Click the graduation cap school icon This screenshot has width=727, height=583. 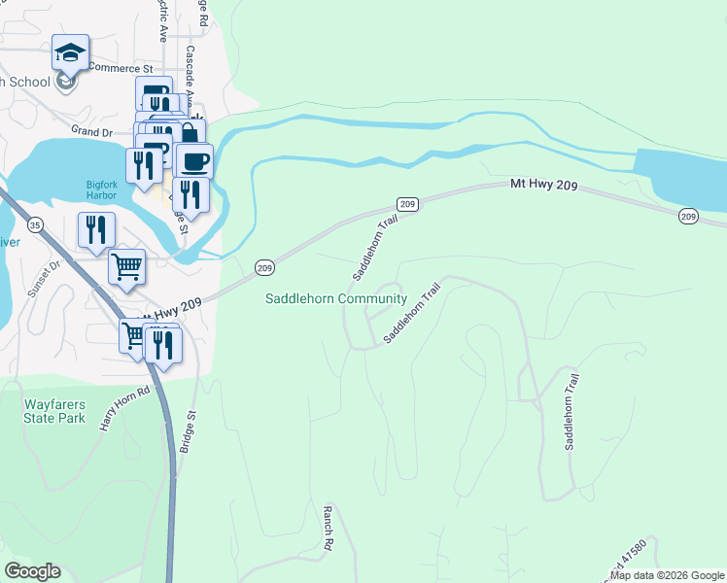[70, 52]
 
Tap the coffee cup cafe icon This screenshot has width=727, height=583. [194, 159]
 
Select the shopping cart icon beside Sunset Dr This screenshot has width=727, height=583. [127, 266]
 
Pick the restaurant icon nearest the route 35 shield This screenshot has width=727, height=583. [96, 229]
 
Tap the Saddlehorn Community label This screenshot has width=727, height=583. [336, 298]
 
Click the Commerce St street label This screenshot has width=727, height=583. [121, 68]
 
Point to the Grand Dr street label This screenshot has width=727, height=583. [92, 130]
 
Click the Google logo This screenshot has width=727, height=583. [32, 571]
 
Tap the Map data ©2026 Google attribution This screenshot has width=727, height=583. [668, 575]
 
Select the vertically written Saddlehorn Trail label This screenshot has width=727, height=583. [572, 412]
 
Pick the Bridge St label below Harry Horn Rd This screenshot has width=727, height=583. [189, 432]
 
